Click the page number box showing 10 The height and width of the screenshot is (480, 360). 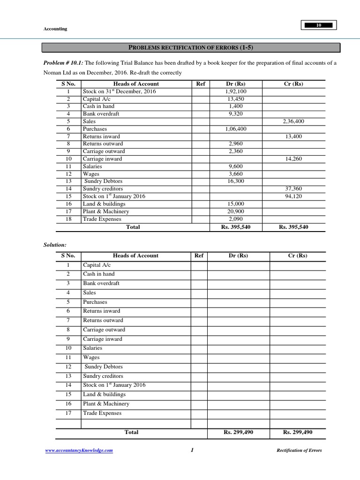click(319, 25)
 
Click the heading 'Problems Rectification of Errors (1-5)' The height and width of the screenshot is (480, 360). click(191, 47)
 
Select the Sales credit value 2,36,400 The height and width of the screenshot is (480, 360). click(293, 121)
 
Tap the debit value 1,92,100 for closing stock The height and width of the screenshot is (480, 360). click(236, 91)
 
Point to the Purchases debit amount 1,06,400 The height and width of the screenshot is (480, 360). click(236, 129)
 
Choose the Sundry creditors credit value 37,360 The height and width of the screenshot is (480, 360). click(293, 189)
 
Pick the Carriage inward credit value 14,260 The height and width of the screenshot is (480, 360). click(293, 159)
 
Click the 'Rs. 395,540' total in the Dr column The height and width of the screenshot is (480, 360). click(236, 227)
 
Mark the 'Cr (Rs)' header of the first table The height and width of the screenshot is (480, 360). click(293, 84)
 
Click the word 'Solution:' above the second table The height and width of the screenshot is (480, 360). click(55, 245)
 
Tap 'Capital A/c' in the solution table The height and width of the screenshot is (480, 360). click(97, 265)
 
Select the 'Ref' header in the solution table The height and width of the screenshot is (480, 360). click(199, 255)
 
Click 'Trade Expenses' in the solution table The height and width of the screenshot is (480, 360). click(102, 413)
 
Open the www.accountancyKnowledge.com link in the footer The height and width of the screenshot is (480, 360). click(79, 450)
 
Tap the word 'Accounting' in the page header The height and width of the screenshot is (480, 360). click(55, 29)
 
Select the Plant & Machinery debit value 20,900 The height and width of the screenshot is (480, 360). click(236, 211)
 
